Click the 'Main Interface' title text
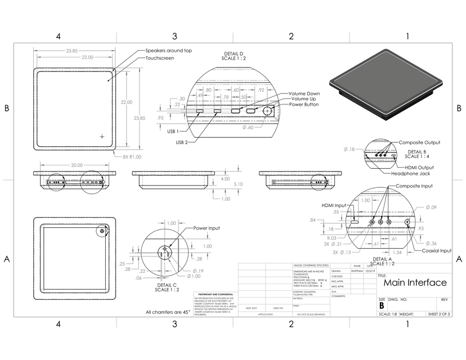(x=415, y=283)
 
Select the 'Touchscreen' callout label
(x=160, y=58)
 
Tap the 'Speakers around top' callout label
(x=169, y=51)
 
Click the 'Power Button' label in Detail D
(x=304, y=105)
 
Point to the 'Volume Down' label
(x=304, y=93)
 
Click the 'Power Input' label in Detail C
(x=207, y=228)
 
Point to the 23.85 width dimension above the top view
(x=71, y=51)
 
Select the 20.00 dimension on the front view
(x=77, y=165)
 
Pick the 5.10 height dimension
(x=239, y=184)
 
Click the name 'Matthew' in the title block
(x=357, y=271)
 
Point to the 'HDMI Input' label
(x=334, y=205)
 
